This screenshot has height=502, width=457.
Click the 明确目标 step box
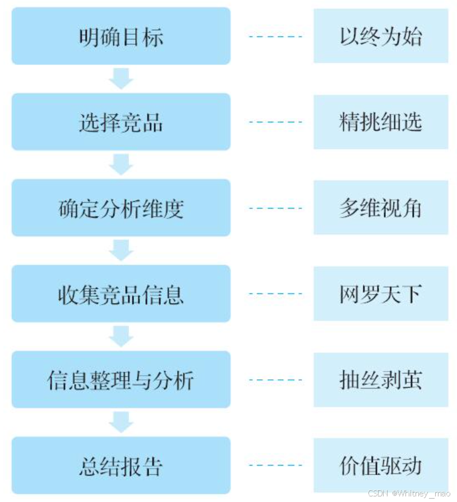pyautogui.click(x=121, y=36)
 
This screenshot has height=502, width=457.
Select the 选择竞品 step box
pyautogui.click(x=121, y=122)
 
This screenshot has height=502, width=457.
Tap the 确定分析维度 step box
pyautogui.click(x=121, y=208)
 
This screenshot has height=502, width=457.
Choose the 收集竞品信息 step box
pyautogui.click(x=121, y=293)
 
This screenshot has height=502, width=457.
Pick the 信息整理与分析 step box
pyautogui.click(x=121, y=379)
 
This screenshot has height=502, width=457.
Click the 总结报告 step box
pyautogui.click(x=121, y=465)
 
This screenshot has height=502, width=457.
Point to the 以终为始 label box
pyautogui.click(x=381, y=36)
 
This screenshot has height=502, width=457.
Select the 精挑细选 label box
pyautogui.click(x=381, y=122)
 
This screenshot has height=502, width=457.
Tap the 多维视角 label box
pyautogui.click(x=381, y=208)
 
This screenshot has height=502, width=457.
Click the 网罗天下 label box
pyautogui.click(x=381, y=293)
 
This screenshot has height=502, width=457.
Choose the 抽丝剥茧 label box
pyautogui.click(x=381, y=379)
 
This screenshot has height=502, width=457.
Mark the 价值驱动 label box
pyautogui.click(x=381, y=465)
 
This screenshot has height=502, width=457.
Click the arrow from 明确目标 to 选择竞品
pyautogui.click(x=121, y=79)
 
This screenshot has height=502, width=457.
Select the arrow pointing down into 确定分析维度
pyautogui.click(x=121, y=164)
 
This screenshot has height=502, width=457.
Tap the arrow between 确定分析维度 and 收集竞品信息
pyautogui.click(x=121, y=250)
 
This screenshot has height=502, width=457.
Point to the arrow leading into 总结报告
pyautogui.click(x=121, y=422)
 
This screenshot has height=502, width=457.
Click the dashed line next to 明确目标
pyautogui.click(x=275, y=37)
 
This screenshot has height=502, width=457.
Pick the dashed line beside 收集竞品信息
pyautogui.click(x=275, y=293)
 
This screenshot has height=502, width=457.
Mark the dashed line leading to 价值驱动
pyautogui.click(x=275, y=465)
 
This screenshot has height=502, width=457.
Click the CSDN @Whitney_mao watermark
pyautogui.click(x=409, y=494)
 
